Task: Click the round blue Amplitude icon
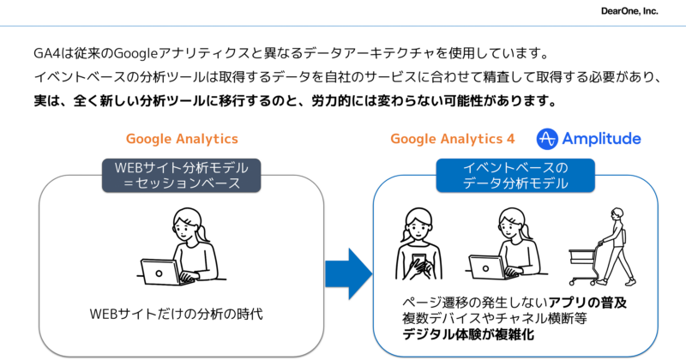[548, 139]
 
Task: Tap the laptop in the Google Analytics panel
[161, 272]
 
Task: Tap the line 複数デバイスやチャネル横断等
[498, 319]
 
